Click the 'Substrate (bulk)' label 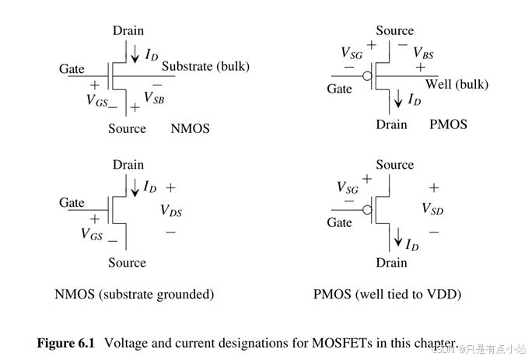point(205,66)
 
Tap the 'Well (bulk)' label point(457,84)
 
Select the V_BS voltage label point(424,53)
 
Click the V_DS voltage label point(171,210)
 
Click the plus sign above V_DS point(170,188)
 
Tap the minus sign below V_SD point(433,231)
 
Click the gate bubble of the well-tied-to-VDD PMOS point(367,209)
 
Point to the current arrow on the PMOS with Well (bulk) point(398,98)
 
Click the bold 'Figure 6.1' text point(68,343)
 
